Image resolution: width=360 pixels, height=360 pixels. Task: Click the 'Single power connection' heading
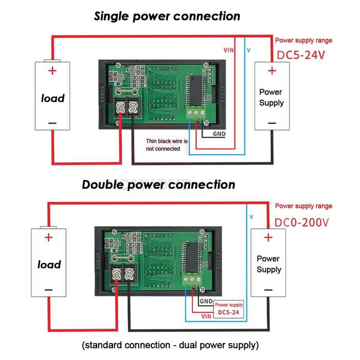pos(167,16)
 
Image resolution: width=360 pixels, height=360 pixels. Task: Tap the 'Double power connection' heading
pos(158,185)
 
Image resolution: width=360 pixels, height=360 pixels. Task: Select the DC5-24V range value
pos(301,56)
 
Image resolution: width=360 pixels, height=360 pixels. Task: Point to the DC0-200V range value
pos(301,222)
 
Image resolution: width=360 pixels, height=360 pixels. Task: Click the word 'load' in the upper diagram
pos(52,98)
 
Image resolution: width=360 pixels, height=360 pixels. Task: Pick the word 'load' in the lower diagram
pos(49,264)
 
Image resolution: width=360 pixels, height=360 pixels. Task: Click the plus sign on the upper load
pos(52,70)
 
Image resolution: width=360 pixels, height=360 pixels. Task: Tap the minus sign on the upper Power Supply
pos(272,123)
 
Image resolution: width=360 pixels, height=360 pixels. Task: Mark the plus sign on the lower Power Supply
pos(268,238)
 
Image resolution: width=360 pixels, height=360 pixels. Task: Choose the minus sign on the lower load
pos(48,290)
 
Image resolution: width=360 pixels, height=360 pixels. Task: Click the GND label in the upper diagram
pos(219,134)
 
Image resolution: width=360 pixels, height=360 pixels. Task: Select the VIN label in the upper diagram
pos(228,50)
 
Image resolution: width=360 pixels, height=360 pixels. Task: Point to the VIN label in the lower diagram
pos(206,316)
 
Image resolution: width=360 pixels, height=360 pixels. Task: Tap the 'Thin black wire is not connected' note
pos(167,145)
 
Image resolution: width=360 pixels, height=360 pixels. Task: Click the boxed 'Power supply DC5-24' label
pos(229,309)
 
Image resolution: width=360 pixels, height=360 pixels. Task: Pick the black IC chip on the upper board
pos(196,90)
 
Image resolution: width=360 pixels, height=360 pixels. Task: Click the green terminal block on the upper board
pos(196,113)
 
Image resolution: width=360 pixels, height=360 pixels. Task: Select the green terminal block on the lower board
pos(192,279)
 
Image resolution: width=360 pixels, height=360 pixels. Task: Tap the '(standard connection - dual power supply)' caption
pos(170,345)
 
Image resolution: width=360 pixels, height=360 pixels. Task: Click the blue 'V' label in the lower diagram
pos(251,217)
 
